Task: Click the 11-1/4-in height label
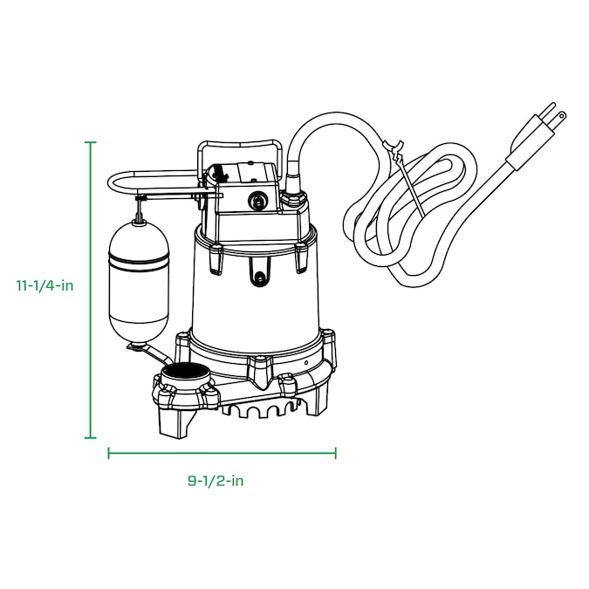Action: [x=45, y=286]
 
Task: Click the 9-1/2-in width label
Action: [x=216, y=481]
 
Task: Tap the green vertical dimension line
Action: [x=90, y=290]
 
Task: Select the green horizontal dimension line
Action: [x=222, y=453]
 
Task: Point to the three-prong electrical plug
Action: [x=538, y=135]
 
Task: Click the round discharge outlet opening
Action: [x=185, y=373]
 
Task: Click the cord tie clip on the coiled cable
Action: [x=393, y=148]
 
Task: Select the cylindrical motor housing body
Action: [x=254, y=289]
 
